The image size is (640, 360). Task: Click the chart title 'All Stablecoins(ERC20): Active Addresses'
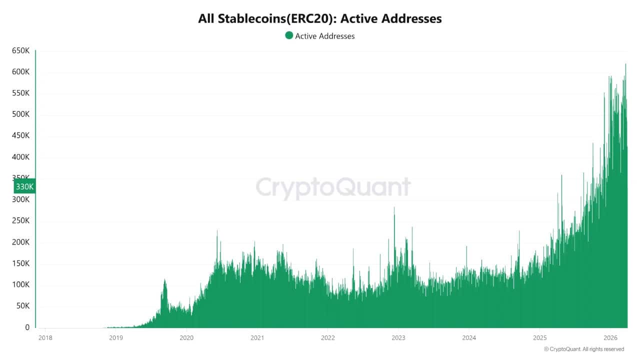point(320,19)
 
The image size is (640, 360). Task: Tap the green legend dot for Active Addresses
point(289,35)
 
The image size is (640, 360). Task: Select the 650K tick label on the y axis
point(21,51)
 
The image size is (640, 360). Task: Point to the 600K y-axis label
point(21,72)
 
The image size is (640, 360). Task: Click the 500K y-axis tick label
point(21,114)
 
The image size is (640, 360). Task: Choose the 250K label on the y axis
point(21,221)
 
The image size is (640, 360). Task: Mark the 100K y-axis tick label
point(21,285)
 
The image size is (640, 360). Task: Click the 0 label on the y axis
point(27,327)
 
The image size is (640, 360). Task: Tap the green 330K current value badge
point(24,186)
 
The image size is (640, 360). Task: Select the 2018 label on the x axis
point(45,338)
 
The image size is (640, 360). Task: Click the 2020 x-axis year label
point(186,338)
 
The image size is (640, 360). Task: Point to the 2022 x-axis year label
point(327,338)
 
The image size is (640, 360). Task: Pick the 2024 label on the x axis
point(469,338)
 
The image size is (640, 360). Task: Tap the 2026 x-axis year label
point(610,338)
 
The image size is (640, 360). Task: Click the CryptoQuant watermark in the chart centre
point(333,187)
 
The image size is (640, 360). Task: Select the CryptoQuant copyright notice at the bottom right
point(583,349)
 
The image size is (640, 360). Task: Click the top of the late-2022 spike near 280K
point(394,207)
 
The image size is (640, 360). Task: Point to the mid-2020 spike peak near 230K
point(217,230)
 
